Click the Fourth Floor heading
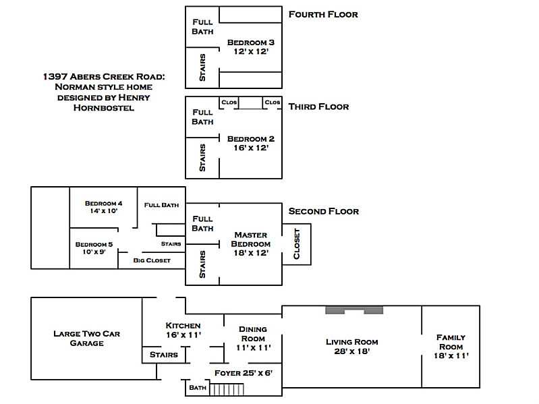coord(322,14)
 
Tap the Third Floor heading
coord(318,107)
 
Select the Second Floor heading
coord(323,211)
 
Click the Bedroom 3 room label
coord(250,42)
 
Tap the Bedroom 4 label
coord(103,204)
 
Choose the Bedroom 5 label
coord(94,244)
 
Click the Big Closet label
coord(152,260)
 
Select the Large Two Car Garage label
coord(87,338)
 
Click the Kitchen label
coord(183,326)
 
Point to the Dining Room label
coord(253,334)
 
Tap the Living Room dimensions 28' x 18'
coord(351,351)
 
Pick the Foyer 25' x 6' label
coord(243,372)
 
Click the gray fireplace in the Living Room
coord(354,310)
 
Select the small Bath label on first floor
coord(197,388)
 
